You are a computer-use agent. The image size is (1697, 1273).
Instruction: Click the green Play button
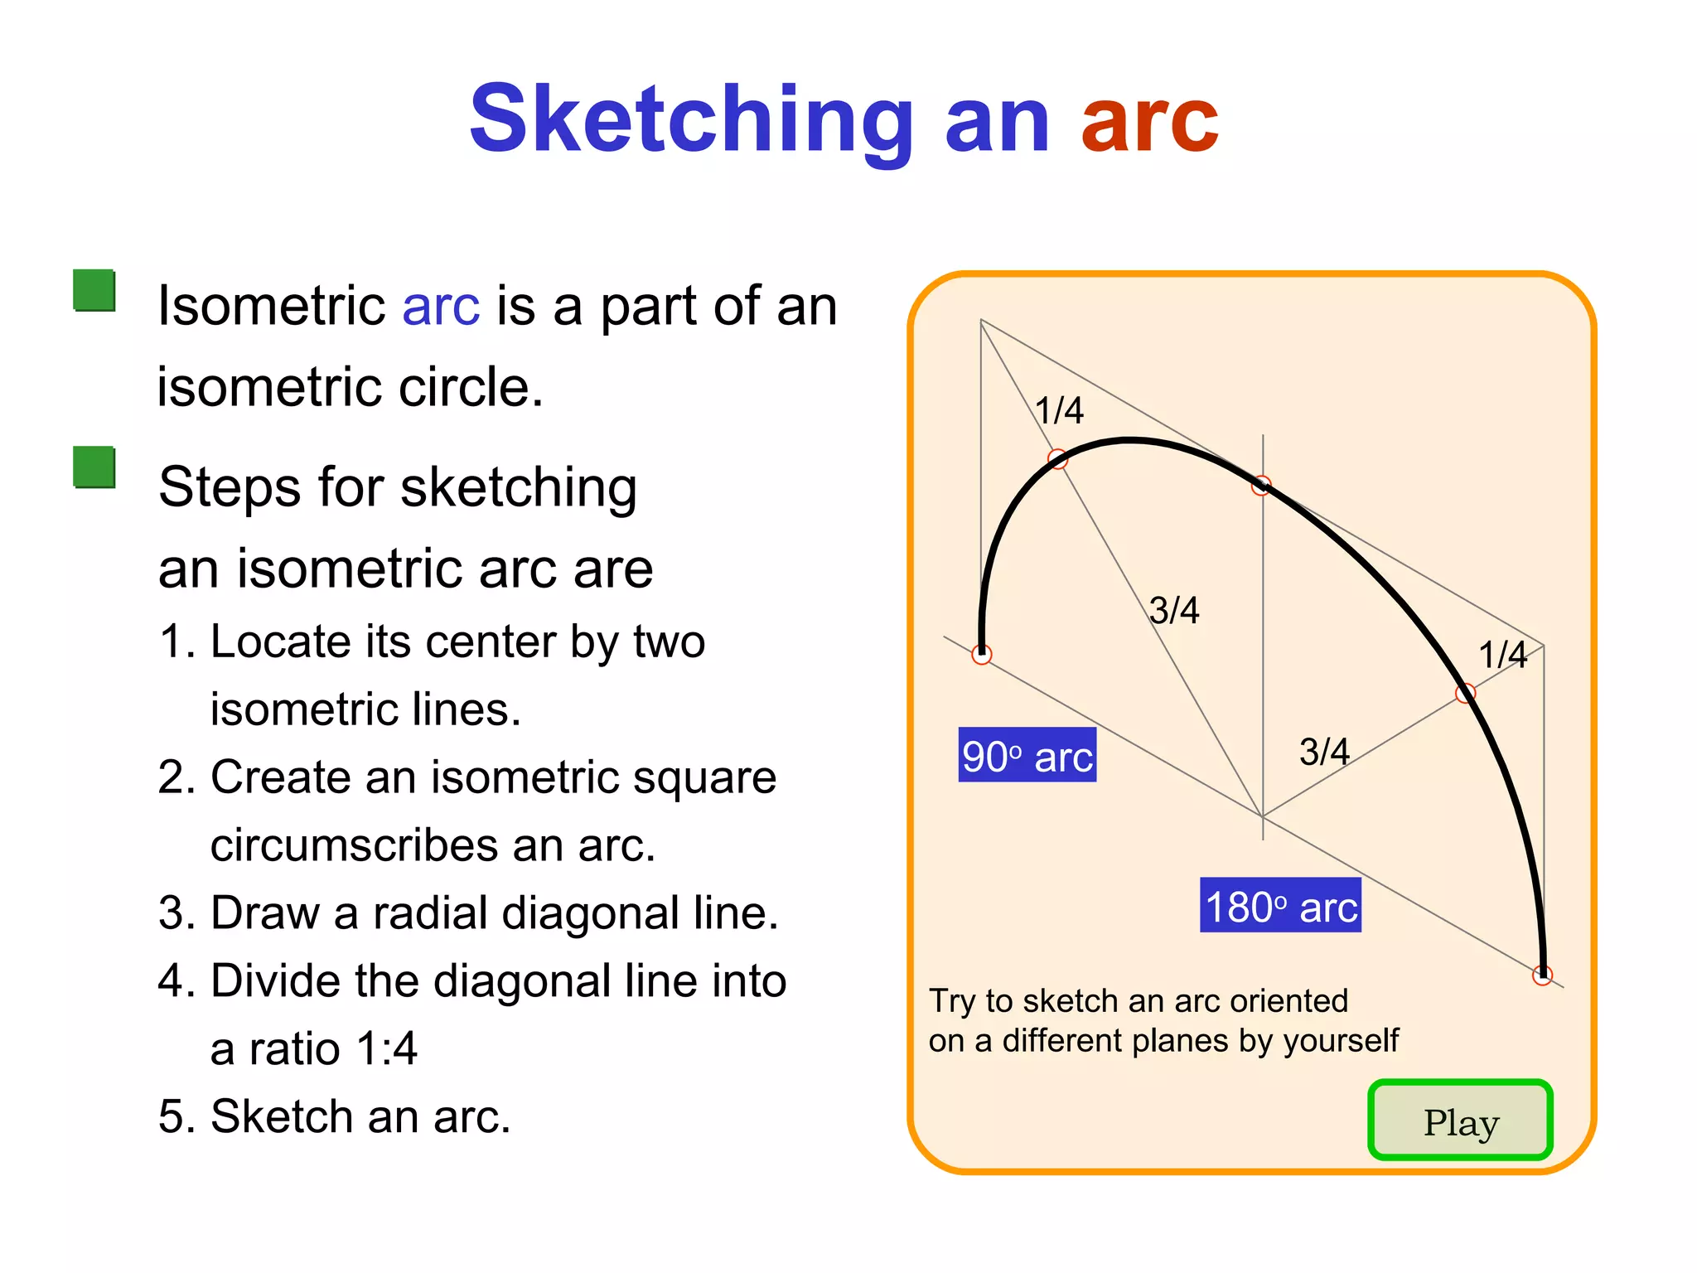tap(1460, 1121)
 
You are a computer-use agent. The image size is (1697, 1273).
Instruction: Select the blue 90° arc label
tap(1027, 755)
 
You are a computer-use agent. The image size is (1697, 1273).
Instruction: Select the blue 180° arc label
tap(1280, 905)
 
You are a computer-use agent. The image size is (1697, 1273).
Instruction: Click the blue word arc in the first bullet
tap(441, 306)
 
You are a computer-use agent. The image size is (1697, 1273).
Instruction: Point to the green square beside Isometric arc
tap(94, 290)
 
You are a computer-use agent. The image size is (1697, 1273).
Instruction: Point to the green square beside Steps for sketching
tap(94, 467)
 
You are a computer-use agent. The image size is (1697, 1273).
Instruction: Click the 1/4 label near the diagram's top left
tap(1059, 410)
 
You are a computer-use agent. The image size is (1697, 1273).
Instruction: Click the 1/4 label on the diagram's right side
tap(1502, 655)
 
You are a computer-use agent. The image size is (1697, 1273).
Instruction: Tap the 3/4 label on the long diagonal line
tap(1174, 611)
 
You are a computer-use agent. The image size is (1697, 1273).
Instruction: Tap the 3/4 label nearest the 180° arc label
tap(1323, 752)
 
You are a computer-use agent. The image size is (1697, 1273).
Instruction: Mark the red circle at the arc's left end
tap(982, 655)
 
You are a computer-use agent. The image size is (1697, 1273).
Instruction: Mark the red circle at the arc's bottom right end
tap(1542, 975)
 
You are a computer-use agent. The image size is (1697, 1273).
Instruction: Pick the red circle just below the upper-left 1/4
tap(1057, 459)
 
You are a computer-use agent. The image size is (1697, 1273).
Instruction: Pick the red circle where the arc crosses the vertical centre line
tap(1261, 486)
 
